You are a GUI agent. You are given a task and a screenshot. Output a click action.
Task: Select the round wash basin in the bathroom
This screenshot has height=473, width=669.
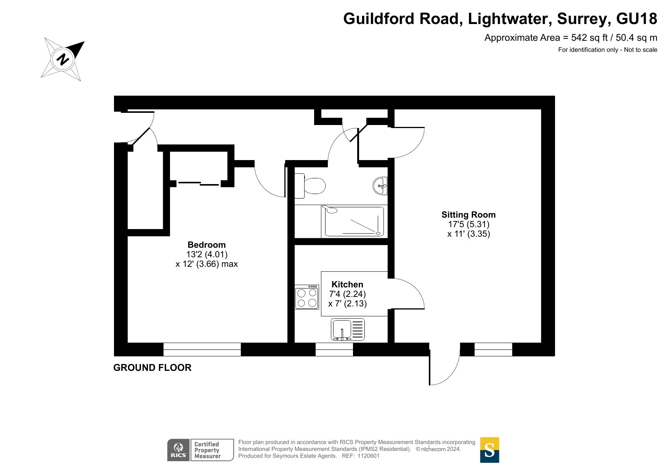coord(380,186)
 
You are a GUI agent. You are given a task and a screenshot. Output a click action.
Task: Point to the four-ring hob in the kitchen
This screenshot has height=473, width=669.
coord(307,297)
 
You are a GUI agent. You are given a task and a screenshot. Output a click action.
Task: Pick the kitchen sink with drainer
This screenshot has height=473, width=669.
coord(348,329)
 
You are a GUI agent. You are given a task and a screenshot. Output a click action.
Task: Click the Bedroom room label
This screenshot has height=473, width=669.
coord(207,245)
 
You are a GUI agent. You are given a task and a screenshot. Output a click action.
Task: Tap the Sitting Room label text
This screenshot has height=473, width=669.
coord(468,215)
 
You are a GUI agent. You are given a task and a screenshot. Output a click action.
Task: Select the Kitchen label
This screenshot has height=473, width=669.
coord(347,284)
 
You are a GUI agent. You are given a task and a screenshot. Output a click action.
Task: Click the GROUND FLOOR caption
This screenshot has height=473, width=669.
coord(152,368)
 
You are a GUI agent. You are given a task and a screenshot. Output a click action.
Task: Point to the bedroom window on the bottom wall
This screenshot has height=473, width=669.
coord(202,349)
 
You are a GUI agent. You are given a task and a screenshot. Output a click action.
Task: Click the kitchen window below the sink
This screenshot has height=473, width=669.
coord(334,349)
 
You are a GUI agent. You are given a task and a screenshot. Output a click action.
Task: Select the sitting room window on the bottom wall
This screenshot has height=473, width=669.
coord(493,349)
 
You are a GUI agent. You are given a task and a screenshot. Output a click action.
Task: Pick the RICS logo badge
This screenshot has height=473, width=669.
coord(178,450)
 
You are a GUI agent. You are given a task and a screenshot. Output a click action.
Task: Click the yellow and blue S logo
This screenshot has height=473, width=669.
coord(489,450)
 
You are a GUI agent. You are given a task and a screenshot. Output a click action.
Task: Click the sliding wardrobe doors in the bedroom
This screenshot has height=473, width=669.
coord(198,184)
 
